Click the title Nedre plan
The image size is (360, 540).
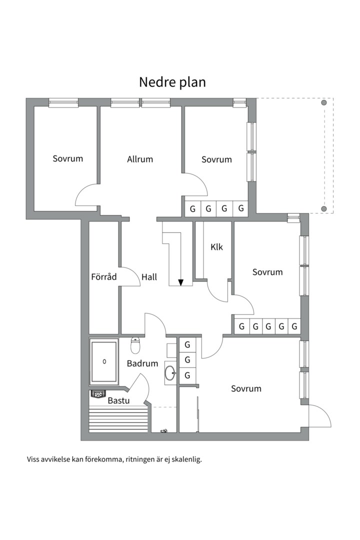click(x=172, y=82)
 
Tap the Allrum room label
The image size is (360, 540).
click(x=140, y=159)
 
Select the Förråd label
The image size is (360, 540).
click(x=103, y=276)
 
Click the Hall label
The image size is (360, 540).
click(x=149, y=276)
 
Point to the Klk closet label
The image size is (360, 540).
click(x=216, y=246)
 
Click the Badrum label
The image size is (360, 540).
click(x=142, y=363)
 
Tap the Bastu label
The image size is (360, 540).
click(x=118, y=400)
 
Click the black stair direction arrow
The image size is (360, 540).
click(x=181, y=282)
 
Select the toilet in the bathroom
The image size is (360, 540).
click(x=135, y=346)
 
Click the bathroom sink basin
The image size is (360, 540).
click(x=171, y=372)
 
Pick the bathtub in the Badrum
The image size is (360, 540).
click(x=104, y=361)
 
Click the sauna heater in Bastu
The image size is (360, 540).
click(x=98, y=394)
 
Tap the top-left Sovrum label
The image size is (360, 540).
click(x=67, y=158)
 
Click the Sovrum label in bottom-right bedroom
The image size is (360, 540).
click(x=246, y=388)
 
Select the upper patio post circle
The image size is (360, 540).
click(x=324, y=102)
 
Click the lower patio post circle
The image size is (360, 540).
click(x=324, y=208)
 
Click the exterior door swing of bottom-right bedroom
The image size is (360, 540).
click(x=320, y=415)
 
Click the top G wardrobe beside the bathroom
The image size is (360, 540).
click(x=187, y=344)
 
